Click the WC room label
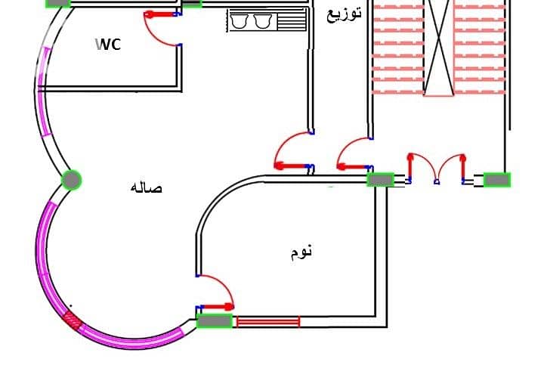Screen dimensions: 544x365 tap(108, 45)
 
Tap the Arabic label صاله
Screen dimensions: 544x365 tap(146, 187)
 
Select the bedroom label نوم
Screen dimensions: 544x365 tap(301, 252)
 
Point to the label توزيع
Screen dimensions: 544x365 tap(344, 14)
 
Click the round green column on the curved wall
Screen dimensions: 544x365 tap(72, 180)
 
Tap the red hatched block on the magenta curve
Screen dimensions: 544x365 tap(73, 320)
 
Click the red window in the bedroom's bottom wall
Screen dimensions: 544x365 tap(267, 322)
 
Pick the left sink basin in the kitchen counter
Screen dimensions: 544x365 tap(239, 21)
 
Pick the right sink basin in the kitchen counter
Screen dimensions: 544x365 tap(262, 21)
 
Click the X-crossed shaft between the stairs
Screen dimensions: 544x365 tap(439, 48)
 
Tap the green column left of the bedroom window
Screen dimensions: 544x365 tap(215, 321)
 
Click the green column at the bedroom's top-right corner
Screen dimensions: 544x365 tap(381, 180)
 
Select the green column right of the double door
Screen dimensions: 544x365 tap(497, 180)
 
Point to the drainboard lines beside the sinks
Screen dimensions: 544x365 tap(292, 21)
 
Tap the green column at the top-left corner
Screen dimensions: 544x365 tap(58, 3)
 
